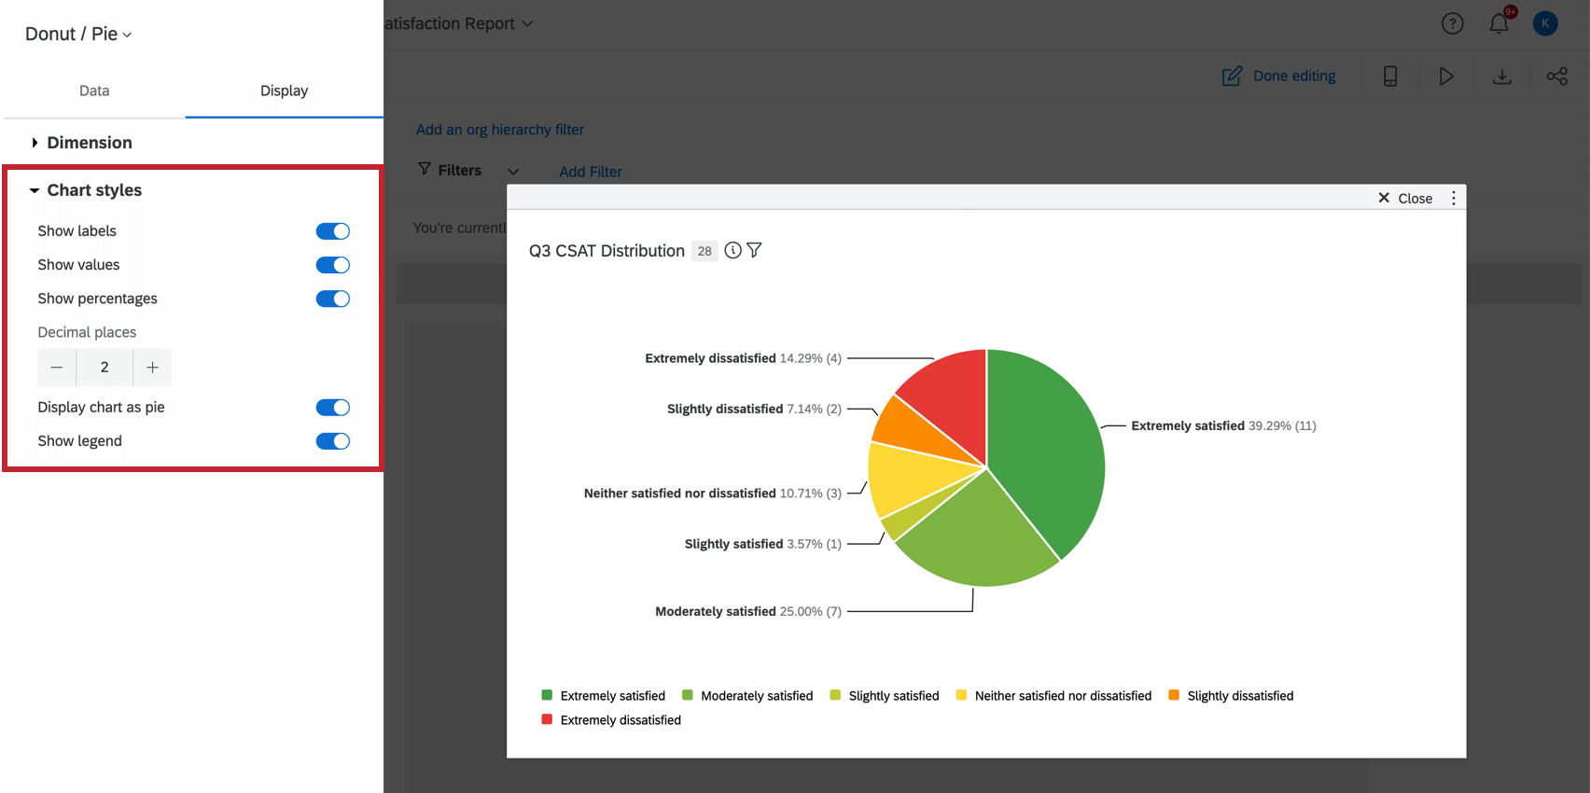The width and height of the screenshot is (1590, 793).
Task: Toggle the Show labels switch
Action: pos(332,231)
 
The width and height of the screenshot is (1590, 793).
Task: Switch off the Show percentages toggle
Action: pos(332,299)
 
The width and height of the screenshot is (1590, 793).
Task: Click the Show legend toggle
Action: pos(332,441)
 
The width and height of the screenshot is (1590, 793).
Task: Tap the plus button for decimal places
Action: pos(152,368)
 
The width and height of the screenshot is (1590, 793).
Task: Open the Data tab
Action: pos(94,90)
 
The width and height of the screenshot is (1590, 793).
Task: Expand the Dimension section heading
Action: pos(89,143)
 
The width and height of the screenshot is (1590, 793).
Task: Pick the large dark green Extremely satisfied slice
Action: pos(1045,448)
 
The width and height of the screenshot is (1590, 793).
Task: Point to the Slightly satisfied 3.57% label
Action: pos(762,544)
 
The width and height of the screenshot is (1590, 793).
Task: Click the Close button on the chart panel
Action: pos(1405,198)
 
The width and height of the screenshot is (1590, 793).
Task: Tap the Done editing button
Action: pos(1279,77)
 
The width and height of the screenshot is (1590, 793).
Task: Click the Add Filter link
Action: pos(590,172)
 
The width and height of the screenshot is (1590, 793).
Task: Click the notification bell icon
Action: pos(1499,23)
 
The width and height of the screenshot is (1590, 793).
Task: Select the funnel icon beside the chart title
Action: pos(754,250)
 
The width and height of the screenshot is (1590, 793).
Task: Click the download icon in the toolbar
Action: pos(1501,77)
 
